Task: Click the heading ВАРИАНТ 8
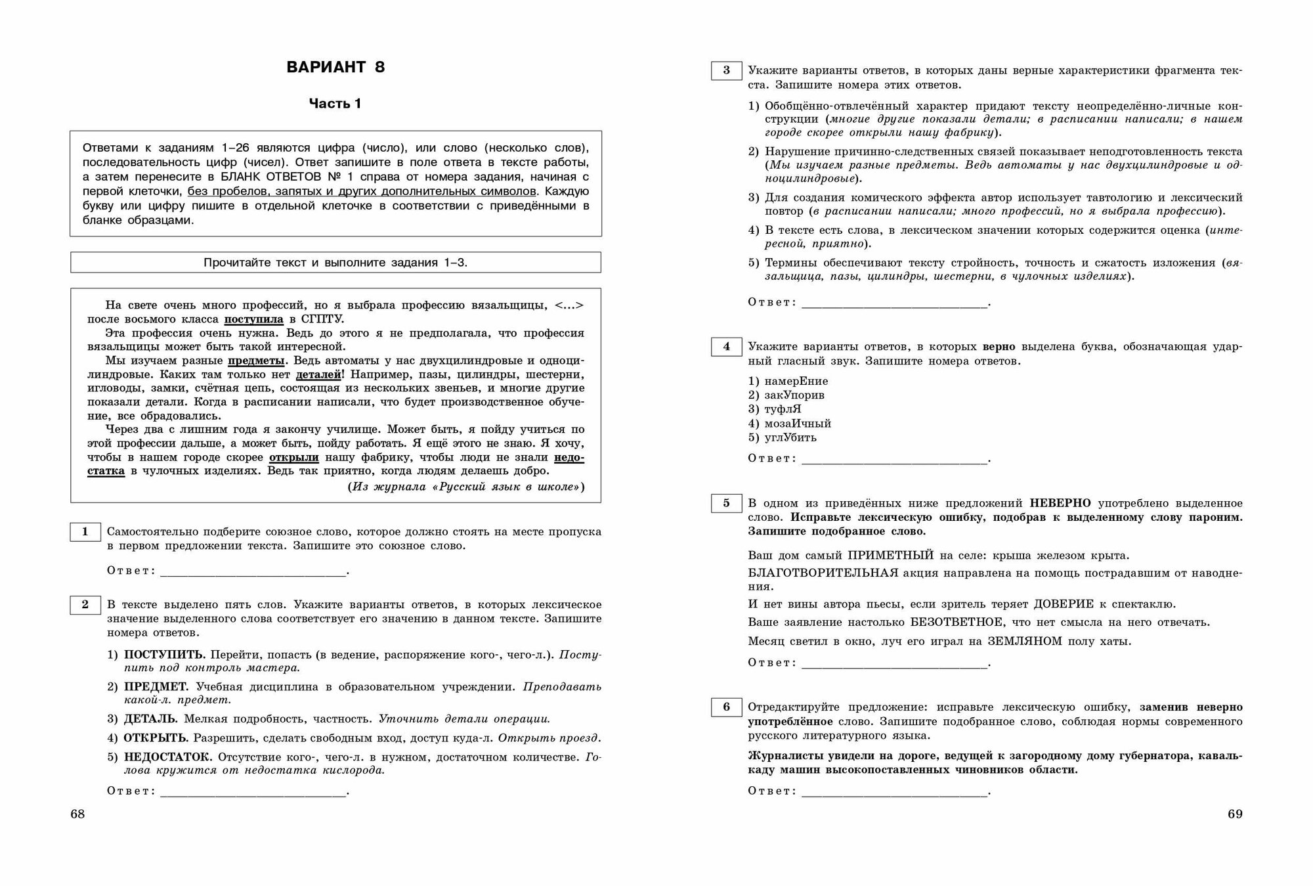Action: tap(335, 67)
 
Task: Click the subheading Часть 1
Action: tap(335, 103)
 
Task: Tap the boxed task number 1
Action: tap(85, 532)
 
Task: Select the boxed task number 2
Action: tap(85, 605)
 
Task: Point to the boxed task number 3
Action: tap(726, 70)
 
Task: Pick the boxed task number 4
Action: tap(726, 347)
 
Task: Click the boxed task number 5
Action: tap(726, 503)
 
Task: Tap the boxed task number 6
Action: tap(726, 707)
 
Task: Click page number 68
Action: tap(77, 814)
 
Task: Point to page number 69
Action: tap(1235, 814)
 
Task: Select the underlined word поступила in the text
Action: tap(254, 319)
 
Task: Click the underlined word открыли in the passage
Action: tap(293, 457)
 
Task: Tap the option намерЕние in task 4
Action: tap(796, 381)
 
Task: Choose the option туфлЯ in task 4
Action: tap(783, 409)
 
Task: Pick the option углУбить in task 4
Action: tap(790, 437)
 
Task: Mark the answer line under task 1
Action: tap(253, 571)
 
